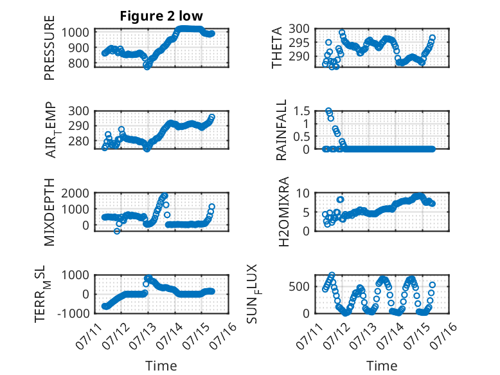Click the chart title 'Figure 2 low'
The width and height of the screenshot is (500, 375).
(x=161, y=16)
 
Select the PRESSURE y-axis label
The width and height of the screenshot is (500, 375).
(x=49, y=48)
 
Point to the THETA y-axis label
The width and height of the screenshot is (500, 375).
(x=277, y=48)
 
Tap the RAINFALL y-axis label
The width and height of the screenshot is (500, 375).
(x=281, y=130)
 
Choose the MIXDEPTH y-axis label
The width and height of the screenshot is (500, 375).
(x=49, y=212)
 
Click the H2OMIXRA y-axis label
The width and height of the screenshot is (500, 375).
(x=283, y=212)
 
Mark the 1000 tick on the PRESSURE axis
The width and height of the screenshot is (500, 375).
(x=75, y=33)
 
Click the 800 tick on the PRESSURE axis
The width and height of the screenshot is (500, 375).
(x=78, y=63)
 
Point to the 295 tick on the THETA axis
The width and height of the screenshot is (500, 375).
(x=299, y=42)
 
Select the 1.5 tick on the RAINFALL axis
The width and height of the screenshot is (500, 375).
(x=301, y=111)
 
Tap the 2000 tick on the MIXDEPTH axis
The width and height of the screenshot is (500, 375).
(x=75, y=194)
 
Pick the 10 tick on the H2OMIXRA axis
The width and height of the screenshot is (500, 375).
(x=303, y=194)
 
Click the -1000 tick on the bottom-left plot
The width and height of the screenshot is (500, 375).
(x=73, y=313)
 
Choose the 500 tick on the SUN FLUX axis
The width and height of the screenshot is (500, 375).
(x=299, y=287)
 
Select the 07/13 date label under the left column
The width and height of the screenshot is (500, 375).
(x=143, y=336)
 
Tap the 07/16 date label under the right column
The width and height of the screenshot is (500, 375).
(x=443, y=336)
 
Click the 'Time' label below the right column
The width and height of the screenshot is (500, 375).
(x=382, y=366)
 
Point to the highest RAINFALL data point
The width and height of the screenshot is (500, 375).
(x=328, y=111)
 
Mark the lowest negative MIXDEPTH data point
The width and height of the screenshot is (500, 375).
(x=117, y=231)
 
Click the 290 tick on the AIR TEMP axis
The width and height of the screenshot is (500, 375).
(x=78, y=125)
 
